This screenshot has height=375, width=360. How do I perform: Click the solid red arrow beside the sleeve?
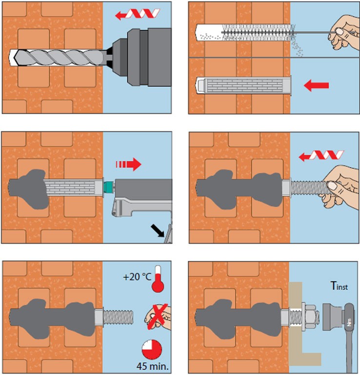pyautogui.click(x=316, y=86)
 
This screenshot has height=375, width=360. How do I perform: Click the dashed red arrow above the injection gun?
pyautogui.click(x=128, y=164)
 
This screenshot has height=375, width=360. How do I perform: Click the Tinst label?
pyautogui.click(x=339, y=287)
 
